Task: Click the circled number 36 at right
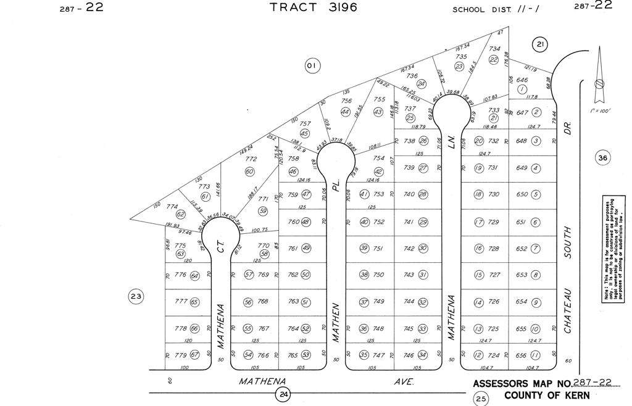pyautogui.click(x=603, y=159)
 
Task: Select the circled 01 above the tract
pyautogui.click(x=312, y=65)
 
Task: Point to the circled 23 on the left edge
pyautogui.click(x=136, y=297)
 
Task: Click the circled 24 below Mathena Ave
pyautogui.click(x=283, y=393)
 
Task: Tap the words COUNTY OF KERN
pyautogui.click(x=546, y=396)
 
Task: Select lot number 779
pyautogui.click(x=180, y=355)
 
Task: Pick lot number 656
pyautogui.click(x=521, y=355)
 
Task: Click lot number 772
pyautogui.click(x=251, y=159)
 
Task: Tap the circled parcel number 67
pyautogui.click(x=195, y=355)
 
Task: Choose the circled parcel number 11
pyautogui.click(x=536, y=355)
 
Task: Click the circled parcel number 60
pyautogui.click(x=249, y=172)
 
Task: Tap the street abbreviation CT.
pyautogui.click(x=220, y=247)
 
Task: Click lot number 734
pyautogui.click(x=494, y=49)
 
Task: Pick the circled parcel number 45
pyautogui.click(x=304, y=133)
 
